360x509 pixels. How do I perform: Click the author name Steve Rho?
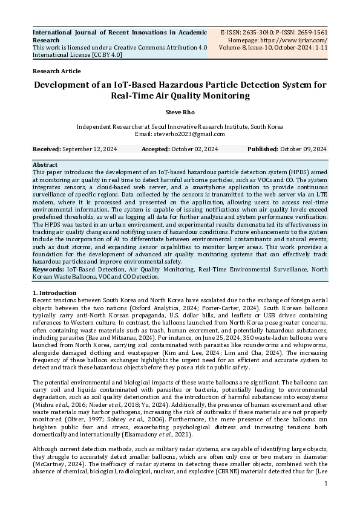click(180, 112)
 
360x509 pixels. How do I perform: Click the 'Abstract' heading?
click(45, 164)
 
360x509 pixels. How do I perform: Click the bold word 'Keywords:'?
click(48, 270)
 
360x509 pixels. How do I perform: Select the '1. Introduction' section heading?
click(54, 293)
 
